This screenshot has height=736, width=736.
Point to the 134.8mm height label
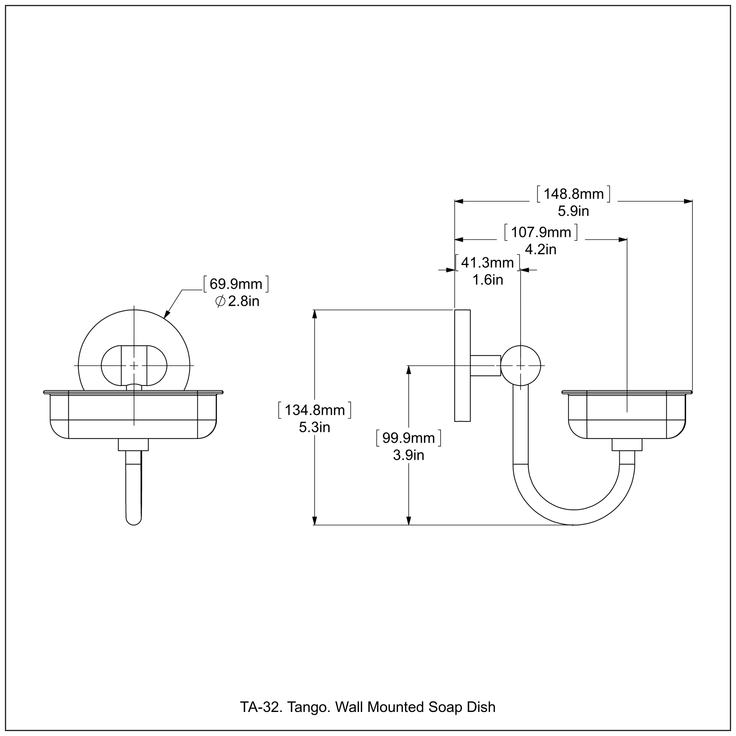click(x=315, y=410)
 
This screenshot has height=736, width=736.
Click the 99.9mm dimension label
click(x=408, y=438)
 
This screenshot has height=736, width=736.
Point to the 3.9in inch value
click(x=408, y=455)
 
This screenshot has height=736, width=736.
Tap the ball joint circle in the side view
click(x=520, y=366)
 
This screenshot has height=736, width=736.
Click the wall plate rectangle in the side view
click(x=462, y=366)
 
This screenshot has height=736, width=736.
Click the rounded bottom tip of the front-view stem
click(x=134, y=523)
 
